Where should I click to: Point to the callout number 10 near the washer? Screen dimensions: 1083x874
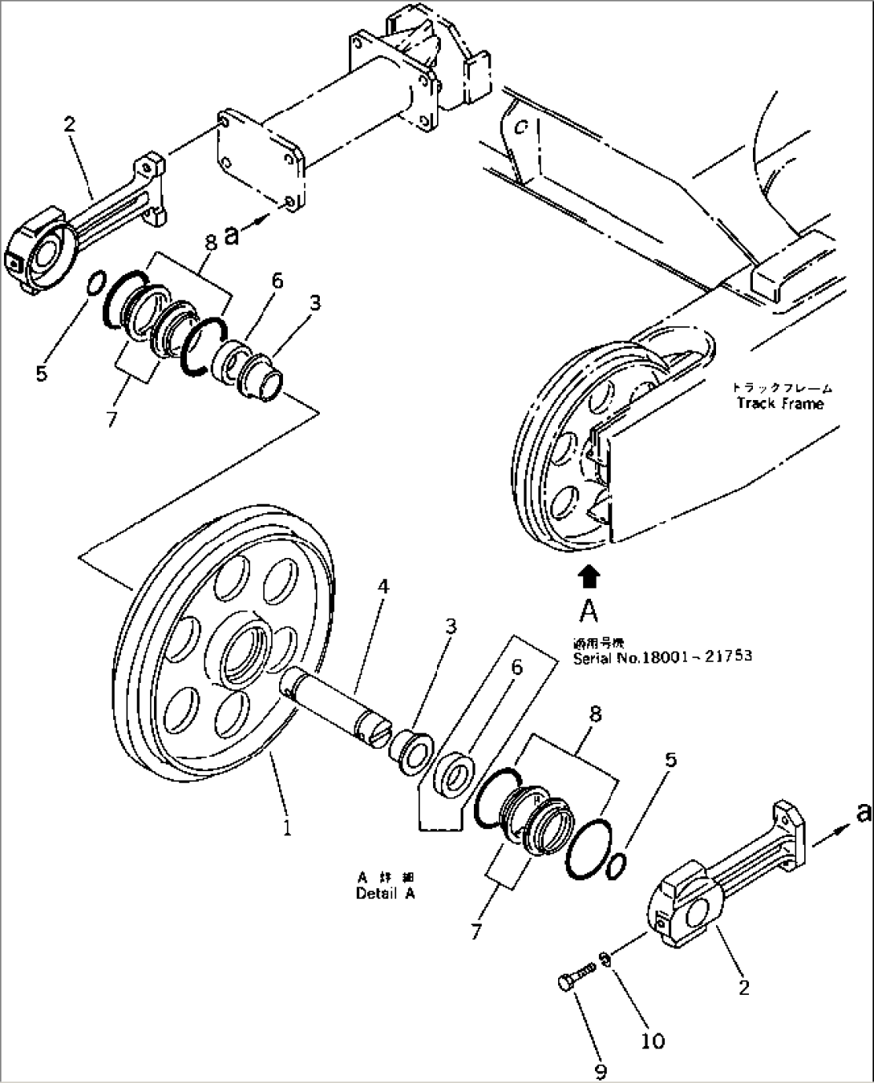coord(653,1041)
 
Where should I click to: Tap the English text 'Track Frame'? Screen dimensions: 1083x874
coord(779,403)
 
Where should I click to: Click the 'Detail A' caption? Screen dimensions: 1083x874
coord(385,893)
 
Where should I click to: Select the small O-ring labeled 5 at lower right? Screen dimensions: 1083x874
coord(615,866)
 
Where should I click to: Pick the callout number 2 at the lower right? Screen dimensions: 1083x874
coord(743,988)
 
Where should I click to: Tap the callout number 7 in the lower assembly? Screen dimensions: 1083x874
coord(476,931)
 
